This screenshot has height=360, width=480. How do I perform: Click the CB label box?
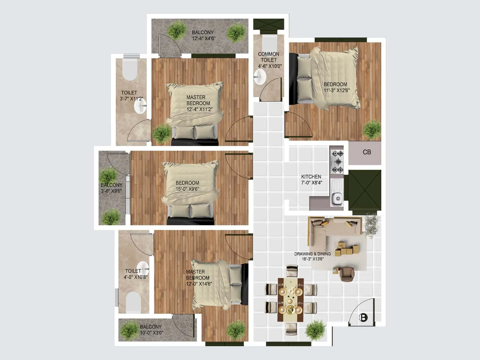367,152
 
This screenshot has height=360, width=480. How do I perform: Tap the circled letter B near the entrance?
363,317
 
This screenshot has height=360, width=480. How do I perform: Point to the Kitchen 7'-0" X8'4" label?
311,179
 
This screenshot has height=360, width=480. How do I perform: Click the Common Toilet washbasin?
260,77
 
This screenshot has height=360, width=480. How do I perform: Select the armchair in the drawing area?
347,273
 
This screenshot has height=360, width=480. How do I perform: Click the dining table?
290,300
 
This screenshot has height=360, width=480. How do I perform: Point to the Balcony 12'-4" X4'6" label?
203,35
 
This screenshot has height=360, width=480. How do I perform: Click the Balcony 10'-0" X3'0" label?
151,329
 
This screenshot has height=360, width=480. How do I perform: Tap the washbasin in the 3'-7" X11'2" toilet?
140,106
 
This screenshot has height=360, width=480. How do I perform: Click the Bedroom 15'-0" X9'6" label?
187,186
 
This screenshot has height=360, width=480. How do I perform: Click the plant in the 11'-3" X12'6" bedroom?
372,130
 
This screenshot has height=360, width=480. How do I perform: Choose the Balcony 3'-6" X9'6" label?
111,188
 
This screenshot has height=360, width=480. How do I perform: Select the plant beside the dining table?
316,329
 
